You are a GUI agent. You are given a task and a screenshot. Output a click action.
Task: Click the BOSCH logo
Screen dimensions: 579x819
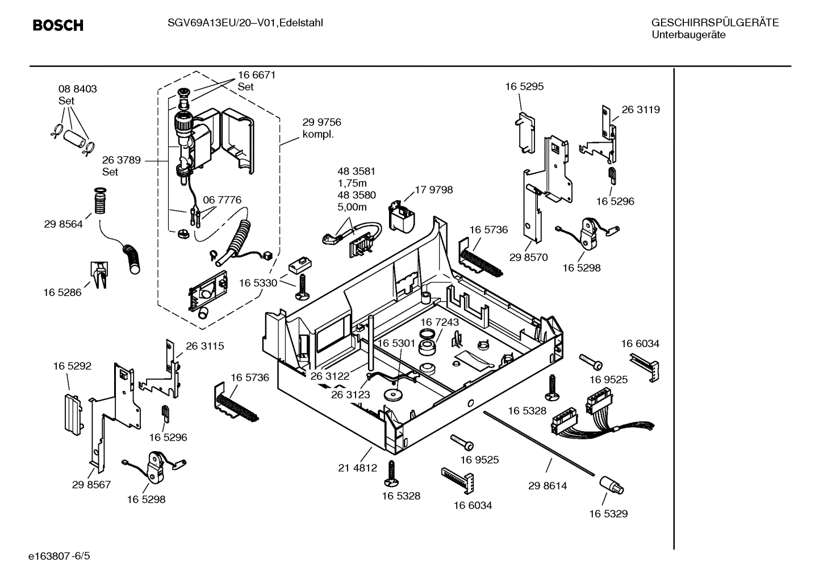coord(58,26)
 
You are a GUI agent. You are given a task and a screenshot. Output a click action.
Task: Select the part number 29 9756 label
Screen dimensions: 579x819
coord(321,123)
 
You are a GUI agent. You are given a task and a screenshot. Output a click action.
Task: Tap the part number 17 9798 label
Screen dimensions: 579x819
coord(434,190)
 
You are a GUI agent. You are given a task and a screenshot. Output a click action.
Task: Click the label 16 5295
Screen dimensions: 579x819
coord(524,86)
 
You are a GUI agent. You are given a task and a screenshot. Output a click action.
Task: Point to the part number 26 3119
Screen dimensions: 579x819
coord(641,110)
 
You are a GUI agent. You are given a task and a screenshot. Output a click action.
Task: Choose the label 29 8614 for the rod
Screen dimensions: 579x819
coord(547,486)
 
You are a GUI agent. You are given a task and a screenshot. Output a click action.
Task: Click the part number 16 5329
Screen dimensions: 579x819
coord(608,514)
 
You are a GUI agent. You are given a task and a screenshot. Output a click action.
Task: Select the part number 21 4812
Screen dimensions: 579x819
coord(357,468)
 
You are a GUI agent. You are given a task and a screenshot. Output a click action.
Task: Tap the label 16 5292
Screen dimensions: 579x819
coord(72,366)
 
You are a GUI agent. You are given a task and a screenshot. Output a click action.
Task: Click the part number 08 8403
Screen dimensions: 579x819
coord(78,89)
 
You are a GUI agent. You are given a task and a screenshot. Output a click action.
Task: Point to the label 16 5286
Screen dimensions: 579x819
coord(62,293)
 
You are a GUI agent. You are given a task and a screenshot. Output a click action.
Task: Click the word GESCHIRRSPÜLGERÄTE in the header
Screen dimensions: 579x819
coord(714,23)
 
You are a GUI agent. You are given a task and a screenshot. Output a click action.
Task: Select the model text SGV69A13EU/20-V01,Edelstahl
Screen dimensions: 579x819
coord(245,23)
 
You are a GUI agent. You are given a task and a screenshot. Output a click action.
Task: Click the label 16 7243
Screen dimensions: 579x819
coord(440,322)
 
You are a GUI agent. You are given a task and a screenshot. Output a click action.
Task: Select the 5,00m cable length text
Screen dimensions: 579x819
coord(352,207)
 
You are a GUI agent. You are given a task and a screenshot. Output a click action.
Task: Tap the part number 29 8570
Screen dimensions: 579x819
coord(528,257)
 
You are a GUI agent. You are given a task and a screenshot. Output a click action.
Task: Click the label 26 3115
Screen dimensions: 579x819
coord(204,346)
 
